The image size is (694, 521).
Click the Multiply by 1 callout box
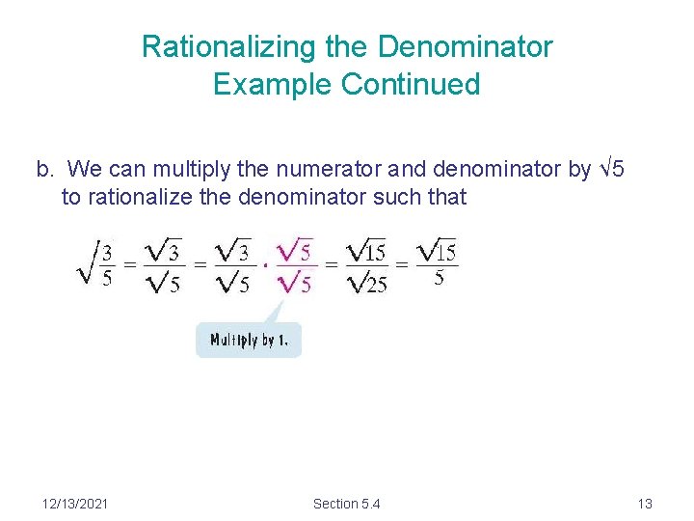(x=249, y=341)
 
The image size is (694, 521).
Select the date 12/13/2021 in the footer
(x=75, y=503)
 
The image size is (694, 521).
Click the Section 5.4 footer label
(x=347, y=503)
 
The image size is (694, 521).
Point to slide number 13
(x=645, y=503)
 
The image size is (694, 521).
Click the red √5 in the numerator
(x=295, y=252)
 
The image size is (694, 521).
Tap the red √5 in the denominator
(x=295, y=284)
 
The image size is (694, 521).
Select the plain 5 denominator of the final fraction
(x=439, y=280)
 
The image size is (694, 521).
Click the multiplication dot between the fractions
(x=266, y=266)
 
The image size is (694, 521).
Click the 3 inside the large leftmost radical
(x=107, y=253)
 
